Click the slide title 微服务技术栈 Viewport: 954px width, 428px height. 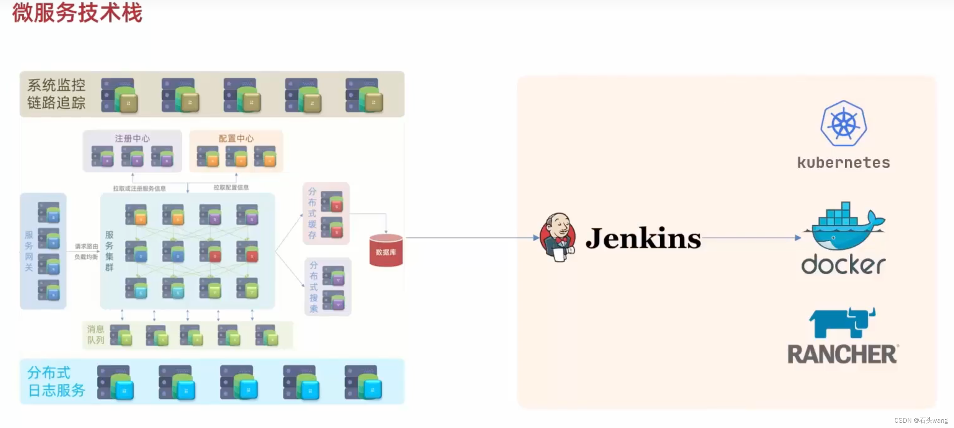77,13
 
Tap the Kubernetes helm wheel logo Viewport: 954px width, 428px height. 844,123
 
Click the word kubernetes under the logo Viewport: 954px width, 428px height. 844,163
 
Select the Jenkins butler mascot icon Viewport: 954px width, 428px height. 558,237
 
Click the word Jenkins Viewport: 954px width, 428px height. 643,238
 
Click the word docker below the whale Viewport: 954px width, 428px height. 843,264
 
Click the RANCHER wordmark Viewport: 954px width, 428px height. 842,354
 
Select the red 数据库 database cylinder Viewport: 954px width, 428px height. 386,250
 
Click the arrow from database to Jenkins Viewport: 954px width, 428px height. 472,238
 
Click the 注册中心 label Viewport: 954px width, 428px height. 132,138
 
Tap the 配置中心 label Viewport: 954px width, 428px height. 236,138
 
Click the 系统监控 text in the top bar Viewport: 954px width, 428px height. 56,85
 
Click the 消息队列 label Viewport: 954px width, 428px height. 96,334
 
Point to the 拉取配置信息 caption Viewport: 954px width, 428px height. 231,188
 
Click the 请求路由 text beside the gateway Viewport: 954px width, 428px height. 86,246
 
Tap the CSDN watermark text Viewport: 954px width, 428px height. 920,420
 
